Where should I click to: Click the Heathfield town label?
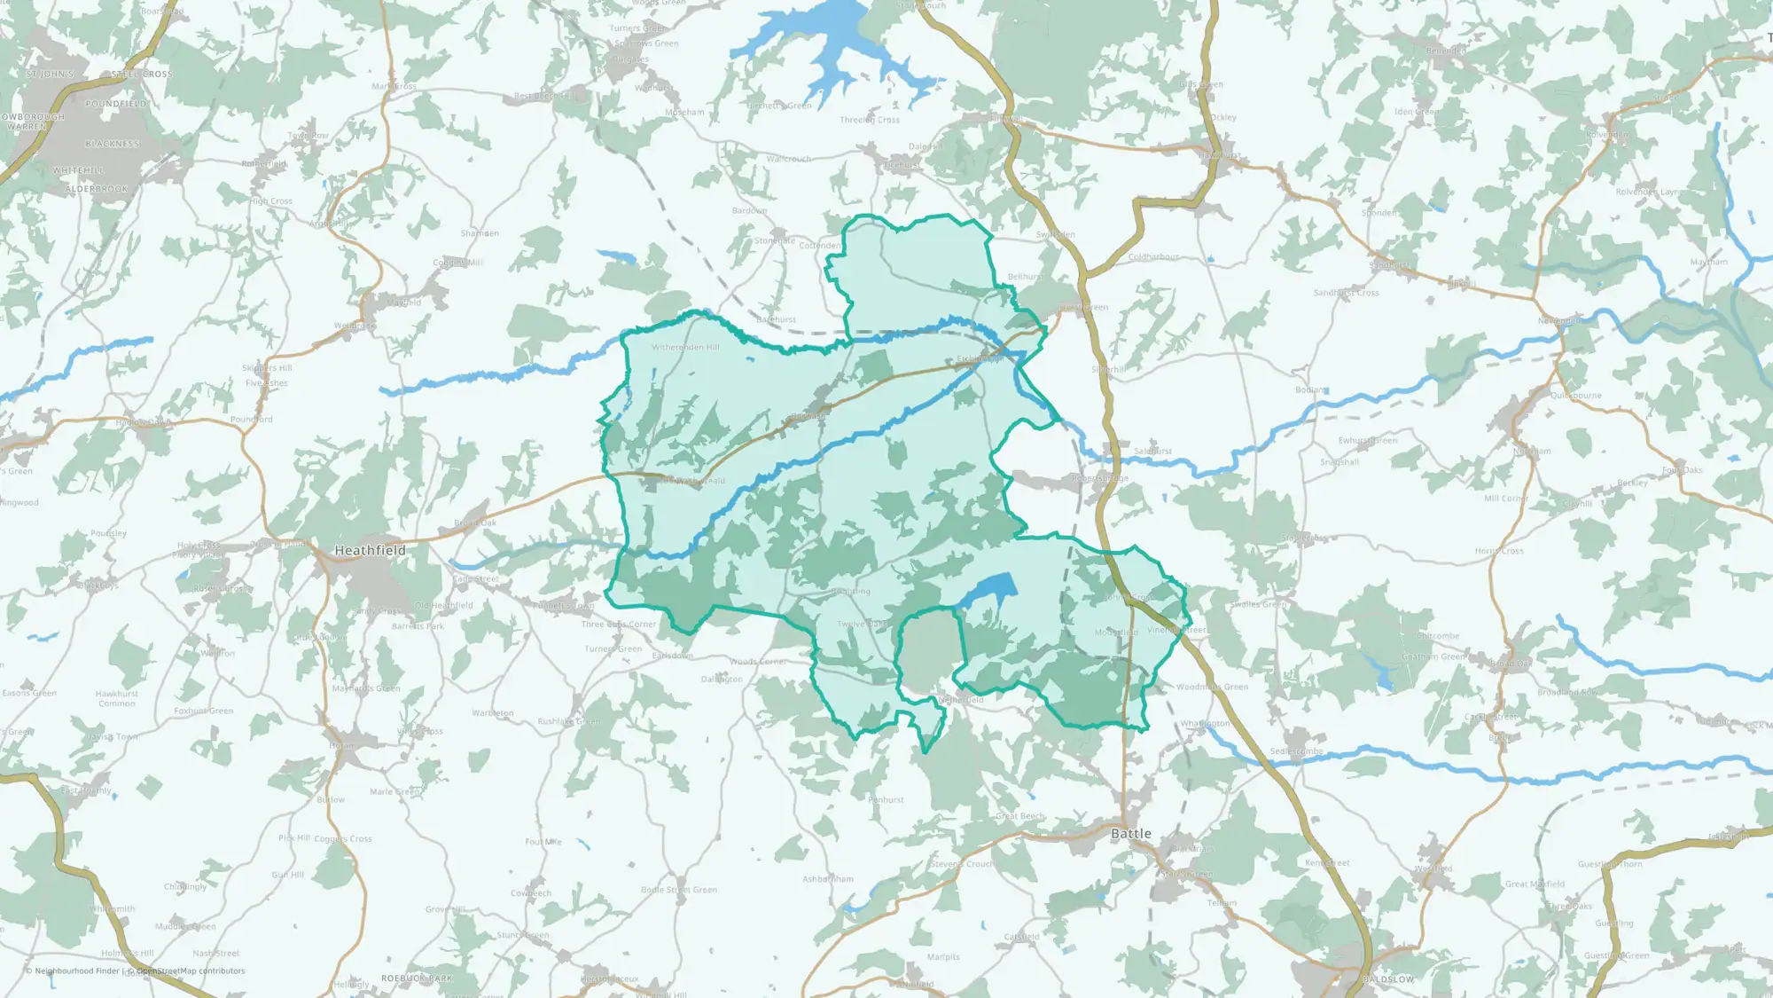(370, 551)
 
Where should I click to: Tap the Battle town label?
(1131, 834)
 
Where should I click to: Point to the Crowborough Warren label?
(33, 122)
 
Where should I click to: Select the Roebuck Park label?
(417, 978)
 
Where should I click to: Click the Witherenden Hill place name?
(685, 348)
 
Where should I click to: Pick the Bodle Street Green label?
(678, 890)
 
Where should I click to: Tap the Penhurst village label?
(886, 800)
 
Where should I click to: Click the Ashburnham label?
(828, 880)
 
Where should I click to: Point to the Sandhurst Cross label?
(1346, 293)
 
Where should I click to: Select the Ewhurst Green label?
(1367, 441)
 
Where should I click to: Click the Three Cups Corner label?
(618, 625)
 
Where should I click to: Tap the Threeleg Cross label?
(869, 120)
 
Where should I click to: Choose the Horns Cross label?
(1499, 551)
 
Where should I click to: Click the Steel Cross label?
(142, 75)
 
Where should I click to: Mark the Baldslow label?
(1388, 979)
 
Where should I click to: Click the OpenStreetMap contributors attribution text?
(191, 971)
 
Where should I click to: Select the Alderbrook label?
(96, 189)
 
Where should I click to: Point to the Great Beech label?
(1019, 816)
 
